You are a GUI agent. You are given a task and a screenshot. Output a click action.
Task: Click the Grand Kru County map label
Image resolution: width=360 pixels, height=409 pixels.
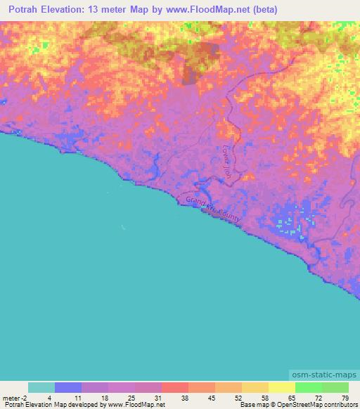pyautogui.click(x=213, y=210)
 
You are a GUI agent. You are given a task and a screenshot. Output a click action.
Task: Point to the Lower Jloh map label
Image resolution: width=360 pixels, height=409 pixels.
pyautogui.click(x=226, y=164)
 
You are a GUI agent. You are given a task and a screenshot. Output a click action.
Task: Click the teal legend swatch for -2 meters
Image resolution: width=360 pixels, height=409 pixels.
pyautogui.click(x=41, y=387)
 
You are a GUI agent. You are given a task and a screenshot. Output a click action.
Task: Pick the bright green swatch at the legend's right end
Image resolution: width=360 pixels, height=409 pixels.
pyautogui.click(x=335, y=387)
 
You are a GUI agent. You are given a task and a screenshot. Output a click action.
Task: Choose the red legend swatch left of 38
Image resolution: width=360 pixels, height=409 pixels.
pyautogui.click(x=175, y=387)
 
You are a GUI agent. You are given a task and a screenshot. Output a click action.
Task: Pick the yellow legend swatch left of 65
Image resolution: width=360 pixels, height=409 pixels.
pyautogui.click(x=282, y=387)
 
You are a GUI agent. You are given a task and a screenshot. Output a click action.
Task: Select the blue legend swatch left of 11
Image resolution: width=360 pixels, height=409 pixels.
pyautogui.click(x=68, y=387)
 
